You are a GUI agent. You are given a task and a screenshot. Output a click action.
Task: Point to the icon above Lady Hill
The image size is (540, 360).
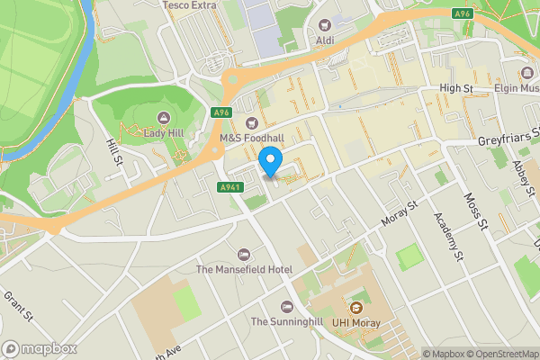163,117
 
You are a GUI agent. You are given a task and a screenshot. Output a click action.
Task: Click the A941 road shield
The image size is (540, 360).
229,187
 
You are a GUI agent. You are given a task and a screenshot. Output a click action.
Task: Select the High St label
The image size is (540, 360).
455,87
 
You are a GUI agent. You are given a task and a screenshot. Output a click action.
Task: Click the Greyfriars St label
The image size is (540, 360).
507,139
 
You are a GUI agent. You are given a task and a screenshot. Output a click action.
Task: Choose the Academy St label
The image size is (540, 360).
446,232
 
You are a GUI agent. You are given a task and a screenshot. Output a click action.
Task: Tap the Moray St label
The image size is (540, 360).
400,213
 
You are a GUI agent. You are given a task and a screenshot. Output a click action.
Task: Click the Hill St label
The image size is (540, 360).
113,154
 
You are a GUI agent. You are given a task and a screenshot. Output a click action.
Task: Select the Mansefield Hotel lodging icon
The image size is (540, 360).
244,254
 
